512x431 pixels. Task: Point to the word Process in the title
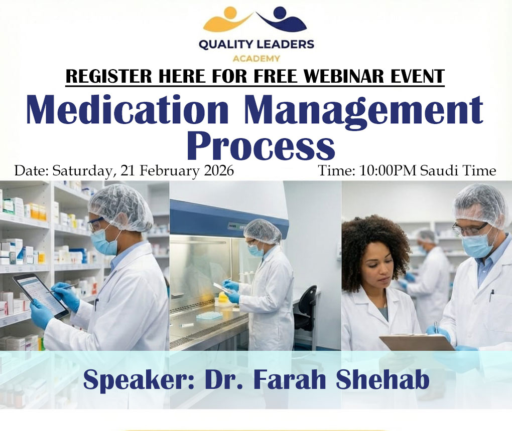tap(261, 145)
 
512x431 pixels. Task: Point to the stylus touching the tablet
tap(63, 288)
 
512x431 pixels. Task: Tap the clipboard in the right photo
tap(417, 342)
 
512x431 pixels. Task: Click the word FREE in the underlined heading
tap(273, 77)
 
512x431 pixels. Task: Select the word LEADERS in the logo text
tap(285, 45)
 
